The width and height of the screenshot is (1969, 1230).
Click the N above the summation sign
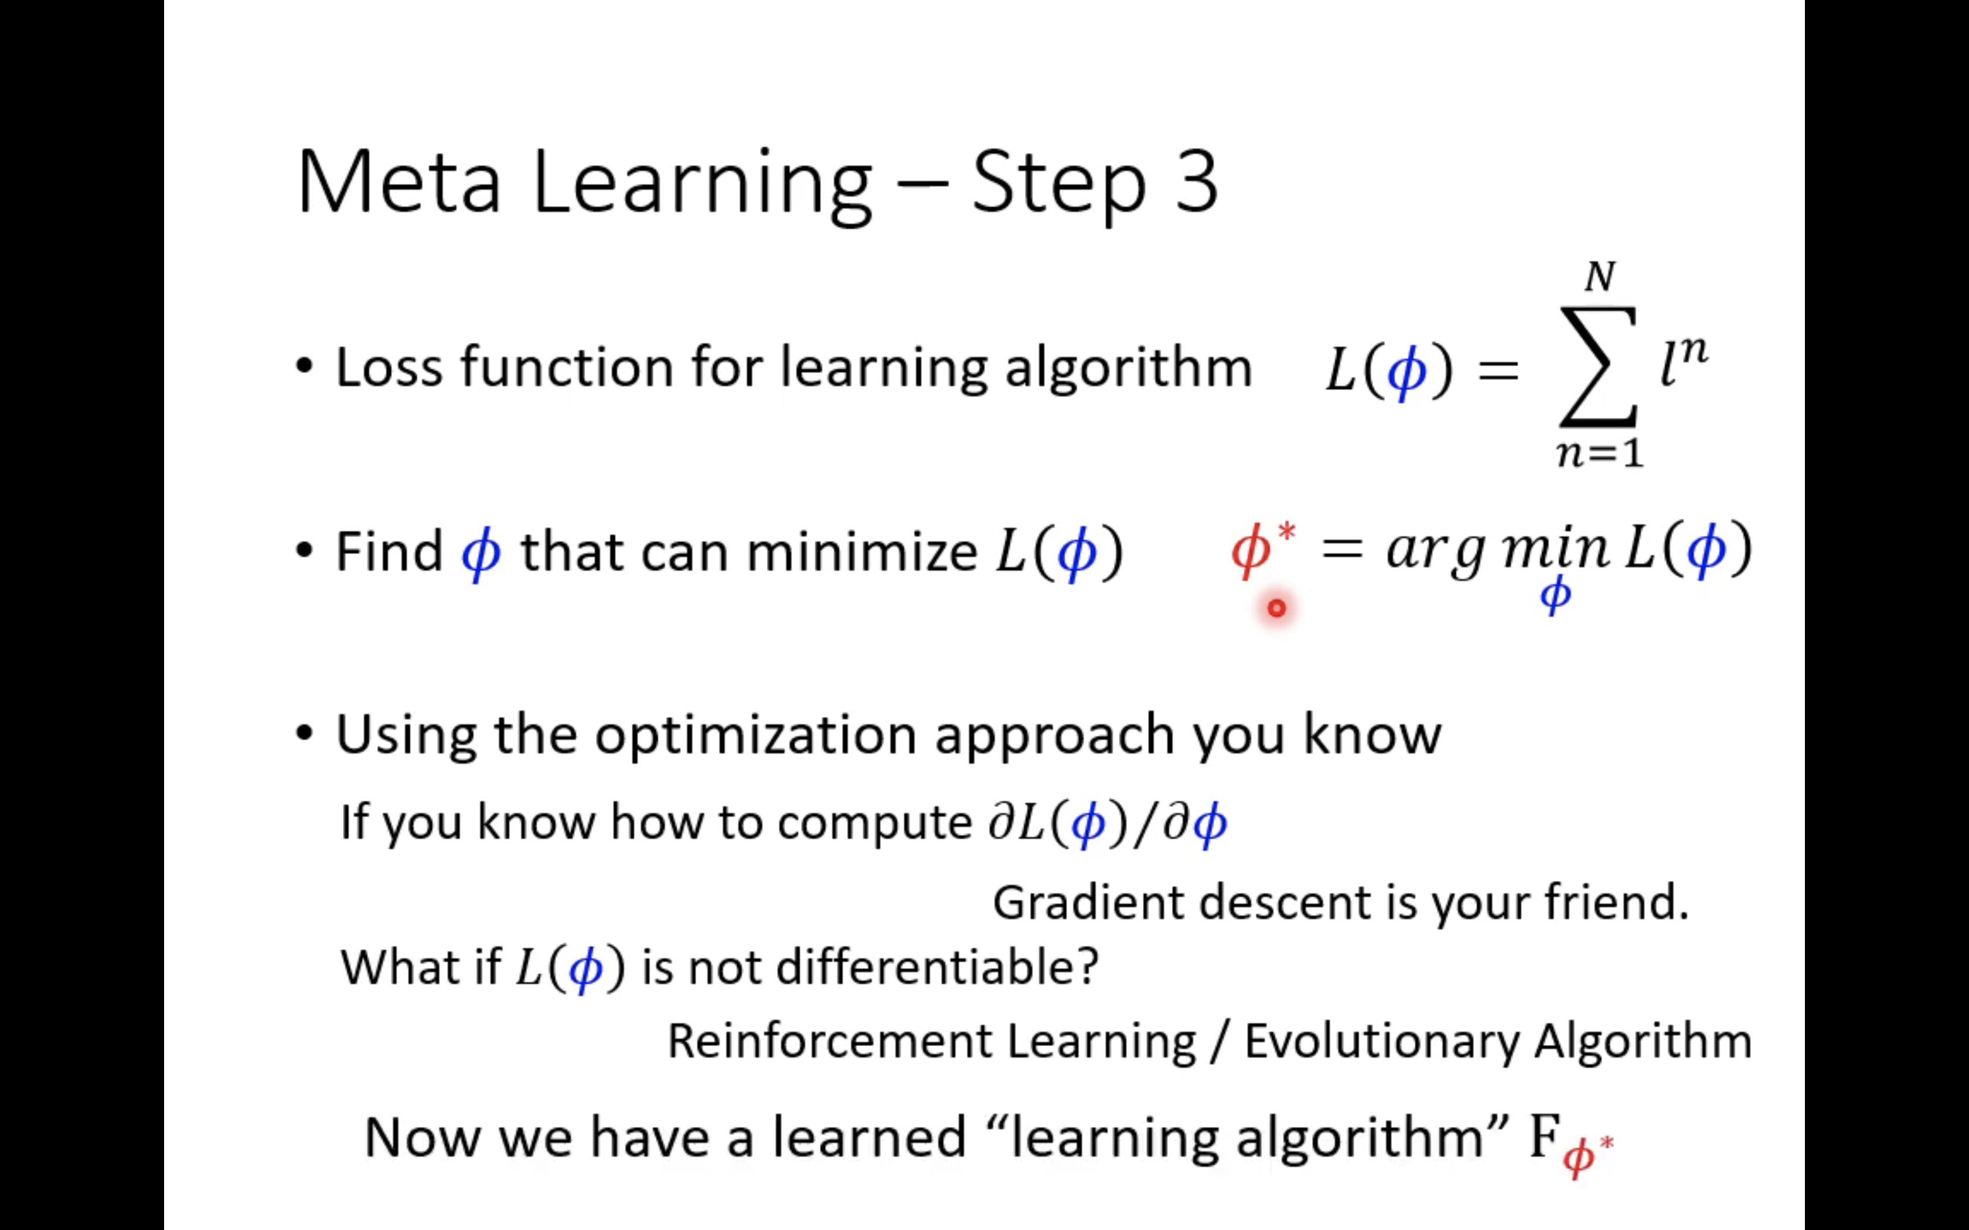pyautogui.click(x=1600, y=278)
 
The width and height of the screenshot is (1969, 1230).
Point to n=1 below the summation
pyautogui.click(x=1600, y=453)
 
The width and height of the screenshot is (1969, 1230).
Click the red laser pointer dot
pyautogui.click(x=1276, y=608)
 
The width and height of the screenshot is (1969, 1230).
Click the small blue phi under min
pyautogui.click(x=1555, y=594)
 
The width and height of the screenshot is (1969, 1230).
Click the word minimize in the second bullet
pyautogui.click(x=861, y=553)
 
